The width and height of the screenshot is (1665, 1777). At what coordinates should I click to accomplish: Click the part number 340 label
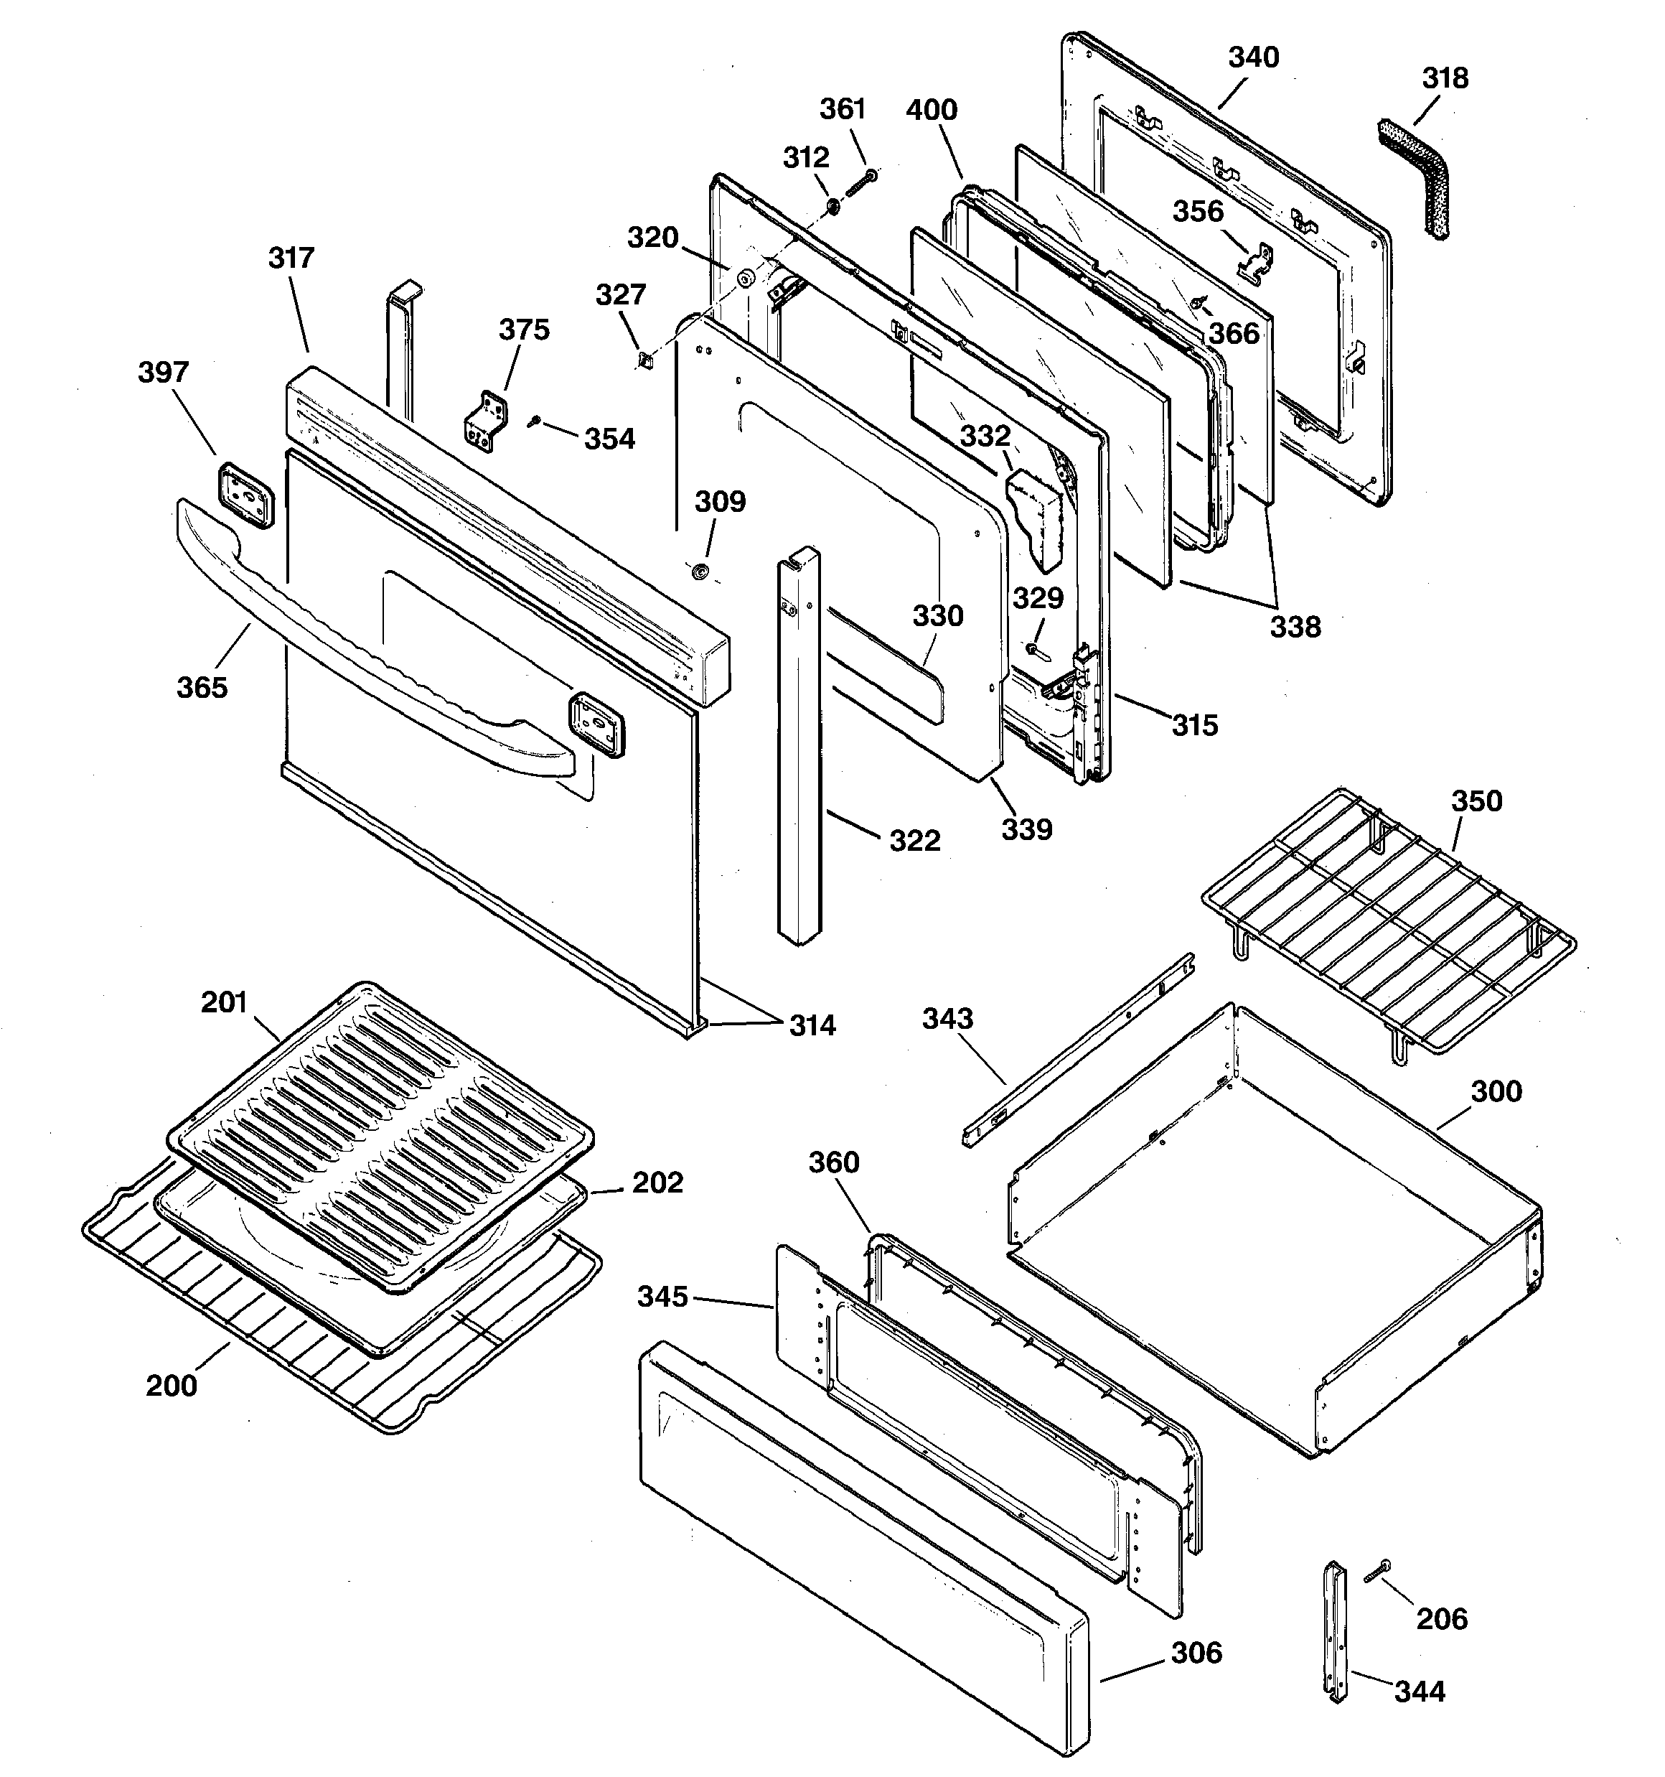tap(1253, 57)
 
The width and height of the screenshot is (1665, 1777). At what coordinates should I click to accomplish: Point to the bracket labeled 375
tap(487, 420)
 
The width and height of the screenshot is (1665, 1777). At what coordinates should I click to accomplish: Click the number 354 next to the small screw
tap(609, 439)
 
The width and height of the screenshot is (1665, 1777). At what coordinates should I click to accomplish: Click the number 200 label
tap(172, 1386)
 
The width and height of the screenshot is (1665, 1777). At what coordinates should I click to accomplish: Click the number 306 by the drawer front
tap(1196, 1653)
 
